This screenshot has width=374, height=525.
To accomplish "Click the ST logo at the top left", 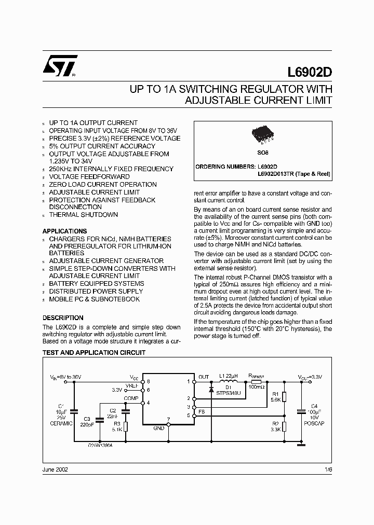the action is pos(60,66).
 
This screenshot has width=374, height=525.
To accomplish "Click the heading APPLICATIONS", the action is pos(64,231).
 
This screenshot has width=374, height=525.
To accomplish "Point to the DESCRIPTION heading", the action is pos(62,317).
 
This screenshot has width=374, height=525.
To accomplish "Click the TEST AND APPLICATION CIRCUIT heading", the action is pos(94,353).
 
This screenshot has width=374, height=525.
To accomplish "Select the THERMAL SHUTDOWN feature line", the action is pos(83,215).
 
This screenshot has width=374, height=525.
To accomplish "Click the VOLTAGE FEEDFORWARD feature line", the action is pos(89,176).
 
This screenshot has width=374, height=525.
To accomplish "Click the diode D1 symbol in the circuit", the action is pos(211,389).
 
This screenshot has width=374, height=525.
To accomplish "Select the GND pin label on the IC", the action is pos(159,428).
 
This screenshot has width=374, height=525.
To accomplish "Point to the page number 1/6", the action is pos(327,469).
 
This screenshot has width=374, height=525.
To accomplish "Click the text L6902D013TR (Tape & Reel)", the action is pos(294,174).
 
